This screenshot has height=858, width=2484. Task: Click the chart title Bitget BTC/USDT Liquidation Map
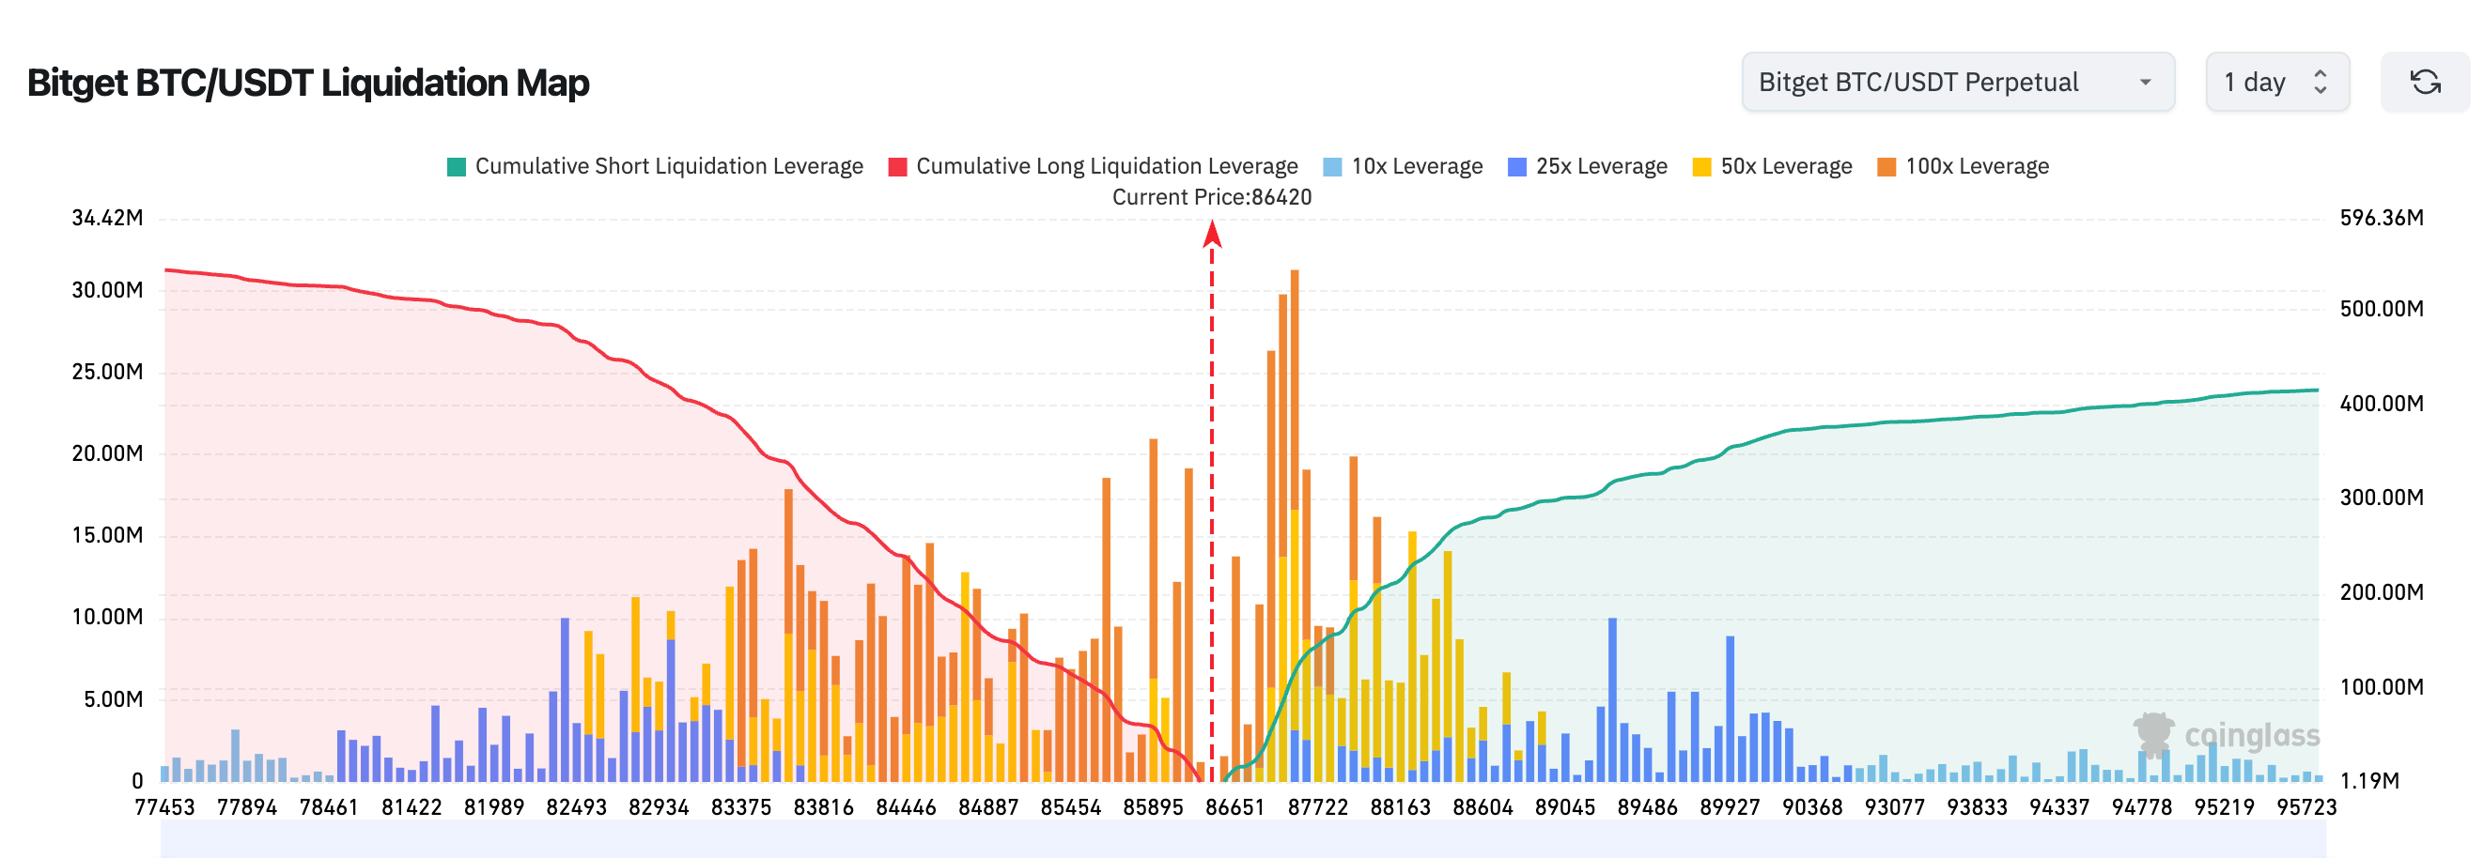307,83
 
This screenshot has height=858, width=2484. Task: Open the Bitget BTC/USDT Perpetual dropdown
1957,83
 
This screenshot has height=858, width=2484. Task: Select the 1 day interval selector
2275,83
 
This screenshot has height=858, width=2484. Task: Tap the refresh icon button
2424,83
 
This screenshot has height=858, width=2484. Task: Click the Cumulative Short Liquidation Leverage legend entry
656,167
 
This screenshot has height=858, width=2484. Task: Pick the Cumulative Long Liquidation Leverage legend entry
1094,167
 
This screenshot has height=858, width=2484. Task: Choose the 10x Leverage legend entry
1404,167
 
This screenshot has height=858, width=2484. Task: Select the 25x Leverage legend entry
1588,167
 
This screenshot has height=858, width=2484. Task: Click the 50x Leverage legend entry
1774,167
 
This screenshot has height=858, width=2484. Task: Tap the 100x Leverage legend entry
1964,167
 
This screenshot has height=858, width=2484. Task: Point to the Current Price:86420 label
1212,198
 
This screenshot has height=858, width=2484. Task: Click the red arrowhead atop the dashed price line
1212,234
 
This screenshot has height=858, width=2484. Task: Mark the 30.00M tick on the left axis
107,290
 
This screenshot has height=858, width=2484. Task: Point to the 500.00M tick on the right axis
2381,309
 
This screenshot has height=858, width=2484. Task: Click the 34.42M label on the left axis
107,218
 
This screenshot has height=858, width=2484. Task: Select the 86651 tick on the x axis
1234,807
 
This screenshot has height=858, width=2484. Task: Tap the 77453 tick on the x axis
163,807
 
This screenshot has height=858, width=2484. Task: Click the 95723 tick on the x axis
2305,807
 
